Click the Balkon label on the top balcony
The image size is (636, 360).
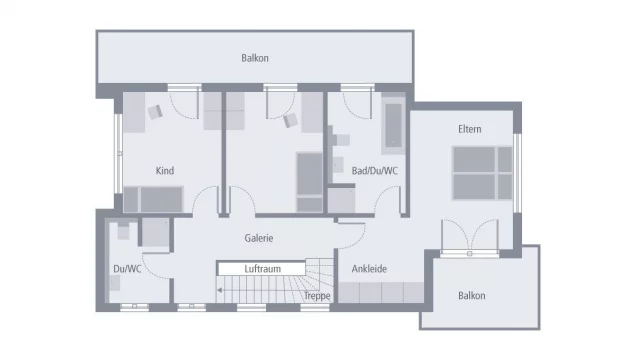(255, 58)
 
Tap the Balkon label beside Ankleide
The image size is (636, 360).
(471, 296)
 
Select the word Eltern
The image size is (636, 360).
(469, 129)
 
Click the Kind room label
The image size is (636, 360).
(165, 171)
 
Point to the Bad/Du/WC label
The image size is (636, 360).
(375, 171)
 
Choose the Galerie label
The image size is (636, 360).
(259, 238)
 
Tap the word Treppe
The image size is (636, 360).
(317, 297)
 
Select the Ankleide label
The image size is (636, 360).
(369, 269)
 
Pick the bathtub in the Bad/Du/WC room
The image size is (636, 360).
(392, 125)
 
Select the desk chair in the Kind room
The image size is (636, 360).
(155, 112)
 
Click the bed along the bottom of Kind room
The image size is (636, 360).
(154, 200)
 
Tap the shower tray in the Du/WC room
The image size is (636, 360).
(154, 233)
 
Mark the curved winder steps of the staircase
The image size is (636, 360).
(318, 276)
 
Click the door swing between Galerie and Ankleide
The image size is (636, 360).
(350, 237)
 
